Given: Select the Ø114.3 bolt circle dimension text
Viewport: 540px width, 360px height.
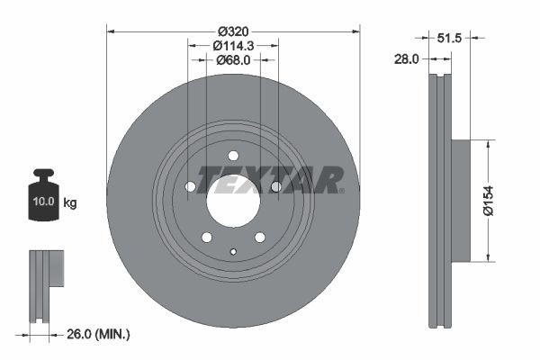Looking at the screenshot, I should coord(233,44).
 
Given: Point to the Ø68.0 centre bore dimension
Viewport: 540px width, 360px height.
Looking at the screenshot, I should coord(233,60).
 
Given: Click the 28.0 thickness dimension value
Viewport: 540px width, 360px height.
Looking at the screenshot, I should coord(409,58).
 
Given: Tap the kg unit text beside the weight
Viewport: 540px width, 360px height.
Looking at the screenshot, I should coord(70,203).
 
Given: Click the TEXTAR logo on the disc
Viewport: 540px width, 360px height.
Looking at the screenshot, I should coord(270,179).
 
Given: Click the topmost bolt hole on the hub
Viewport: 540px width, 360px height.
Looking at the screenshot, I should coord(233,155).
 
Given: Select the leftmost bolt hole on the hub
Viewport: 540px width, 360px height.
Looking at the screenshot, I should coord(191,187).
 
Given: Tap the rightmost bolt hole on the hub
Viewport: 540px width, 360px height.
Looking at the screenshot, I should coord(276,187).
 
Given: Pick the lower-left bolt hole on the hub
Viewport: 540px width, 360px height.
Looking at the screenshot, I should coord(207,237).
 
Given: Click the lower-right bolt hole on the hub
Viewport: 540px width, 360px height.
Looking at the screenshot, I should coord(260,237).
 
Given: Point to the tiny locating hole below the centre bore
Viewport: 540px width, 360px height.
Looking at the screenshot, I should coord(233,251).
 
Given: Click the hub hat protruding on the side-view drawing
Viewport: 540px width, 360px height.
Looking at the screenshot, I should coord(461,200).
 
